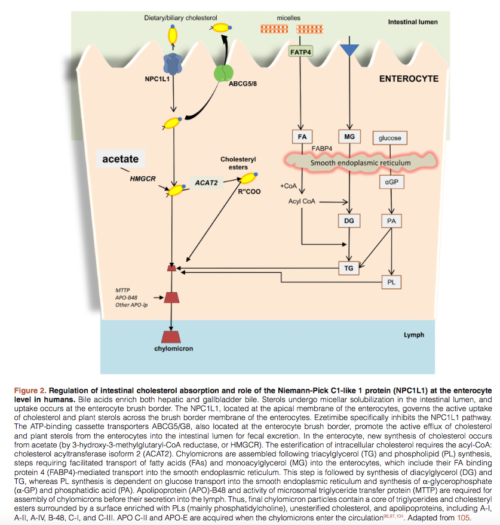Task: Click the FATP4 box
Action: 300,51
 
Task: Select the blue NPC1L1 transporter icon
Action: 173,64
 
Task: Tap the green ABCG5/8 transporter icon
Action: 223,73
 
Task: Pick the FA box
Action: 302,137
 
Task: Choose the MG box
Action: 349,137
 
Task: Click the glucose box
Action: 390,138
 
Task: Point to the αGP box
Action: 391,182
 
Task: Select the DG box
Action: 349,220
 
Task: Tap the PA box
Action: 391,221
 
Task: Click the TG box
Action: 349,268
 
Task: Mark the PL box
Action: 391,283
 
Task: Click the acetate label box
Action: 121,159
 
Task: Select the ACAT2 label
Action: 206,183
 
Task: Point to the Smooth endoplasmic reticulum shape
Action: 360,162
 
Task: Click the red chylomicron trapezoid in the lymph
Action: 171,337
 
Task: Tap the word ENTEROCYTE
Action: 409,79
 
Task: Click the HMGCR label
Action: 143,179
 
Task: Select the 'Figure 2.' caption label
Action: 30,391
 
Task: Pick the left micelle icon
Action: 274,29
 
